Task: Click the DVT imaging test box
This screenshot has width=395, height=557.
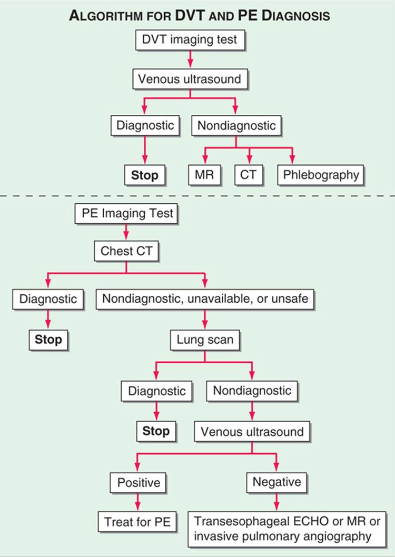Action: [x=190, y=40]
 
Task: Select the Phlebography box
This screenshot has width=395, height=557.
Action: [x=321, y=175]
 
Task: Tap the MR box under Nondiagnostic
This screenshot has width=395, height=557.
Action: [x=204, y=175]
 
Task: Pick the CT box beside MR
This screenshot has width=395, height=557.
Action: [x=248, y=175]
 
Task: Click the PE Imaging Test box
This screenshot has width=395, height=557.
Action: [x=126, y=214]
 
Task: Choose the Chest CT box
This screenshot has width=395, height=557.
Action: [x=126, y=251]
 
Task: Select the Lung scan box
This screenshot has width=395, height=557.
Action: [x=205, y=340]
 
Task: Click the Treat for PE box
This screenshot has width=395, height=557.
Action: [x=137, y=522]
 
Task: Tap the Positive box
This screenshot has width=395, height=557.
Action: [x=138, y=483]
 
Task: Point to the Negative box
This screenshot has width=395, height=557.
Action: [x=276, y=482]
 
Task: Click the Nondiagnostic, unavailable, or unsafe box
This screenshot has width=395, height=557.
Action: [x=205, y=299]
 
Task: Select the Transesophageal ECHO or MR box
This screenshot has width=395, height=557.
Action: [x=287, y=529]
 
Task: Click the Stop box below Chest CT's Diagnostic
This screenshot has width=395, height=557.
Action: [x=48, y=340]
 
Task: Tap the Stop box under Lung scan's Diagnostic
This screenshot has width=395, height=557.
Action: [x=156, y=431]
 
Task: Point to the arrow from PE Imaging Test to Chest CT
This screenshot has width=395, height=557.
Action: [x=126, y=233]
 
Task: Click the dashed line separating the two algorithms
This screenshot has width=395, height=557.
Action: [x=197, y=196]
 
